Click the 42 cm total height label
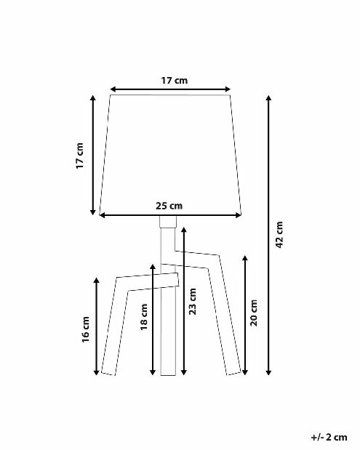[x=279, y=235]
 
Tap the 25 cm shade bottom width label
[x=169, y=206]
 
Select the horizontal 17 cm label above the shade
[x=175, y=81]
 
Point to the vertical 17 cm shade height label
[x=79, y=156]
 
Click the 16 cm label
[x=86, y=329]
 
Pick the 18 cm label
[x=144, y=317]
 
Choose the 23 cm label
[x=193, y=302]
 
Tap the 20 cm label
[x=254, y=313]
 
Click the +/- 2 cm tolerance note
[x=329, y=437]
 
